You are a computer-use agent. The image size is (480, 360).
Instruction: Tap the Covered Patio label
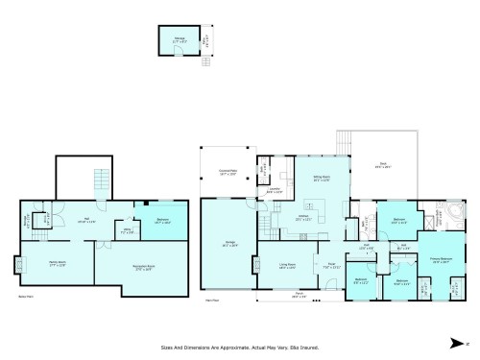[228, 173]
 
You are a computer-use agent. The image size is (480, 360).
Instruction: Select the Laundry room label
[275, 189]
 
